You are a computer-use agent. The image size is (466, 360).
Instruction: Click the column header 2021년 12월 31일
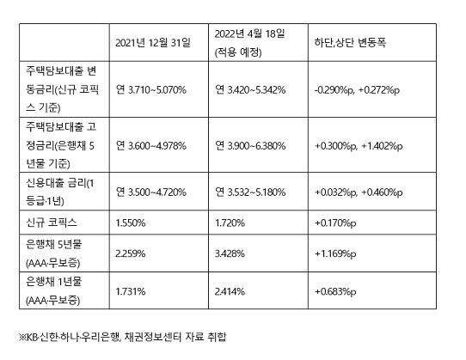tap(153, 43)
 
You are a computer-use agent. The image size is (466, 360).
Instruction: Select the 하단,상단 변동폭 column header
tap(351, 43)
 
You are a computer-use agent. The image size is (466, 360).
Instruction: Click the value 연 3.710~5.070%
tap(151, 89)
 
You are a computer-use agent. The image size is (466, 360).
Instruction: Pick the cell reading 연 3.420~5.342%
tap(250, 89)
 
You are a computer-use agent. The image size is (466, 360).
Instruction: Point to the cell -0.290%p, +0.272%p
tap(357, 89)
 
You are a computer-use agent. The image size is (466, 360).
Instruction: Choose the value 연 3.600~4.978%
tap(151, 145)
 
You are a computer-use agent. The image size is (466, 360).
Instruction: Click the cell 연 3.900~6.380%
tap(250, 145)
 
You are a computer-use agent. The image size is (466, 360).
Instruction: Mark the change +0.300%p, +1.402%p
tap(359, 146)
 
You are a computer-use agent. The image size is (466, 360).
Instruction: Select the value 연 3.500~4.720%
tap(151, 192)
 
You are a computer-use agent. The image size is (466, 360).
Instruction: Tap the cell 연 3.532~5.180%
tap(250, 192)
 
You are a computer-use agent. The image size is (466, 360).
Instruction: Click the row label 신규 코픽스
tap(52, 223)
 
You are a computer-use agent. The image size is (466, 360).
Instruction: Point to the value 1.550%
tap(131, 223)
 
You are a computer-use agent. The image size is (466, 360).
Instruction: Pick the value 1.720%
tap(230, 223)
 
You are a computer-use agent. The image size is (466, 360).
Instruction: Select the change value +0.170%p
tap(335, 223)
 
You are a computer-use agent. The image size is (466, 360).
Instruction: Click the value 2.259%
tap(131, 253)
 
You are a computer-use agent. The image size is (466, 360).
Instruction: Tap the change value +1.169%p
tap(335, 254)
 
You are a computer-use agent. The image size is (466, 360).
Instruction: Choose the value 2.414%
tap(230, 291)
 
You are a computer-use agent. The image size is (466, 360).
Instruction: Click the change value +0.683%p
tap(335, 291)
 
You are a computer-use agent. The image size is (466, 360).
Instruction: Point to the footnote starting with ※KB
tap(122, 337)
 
